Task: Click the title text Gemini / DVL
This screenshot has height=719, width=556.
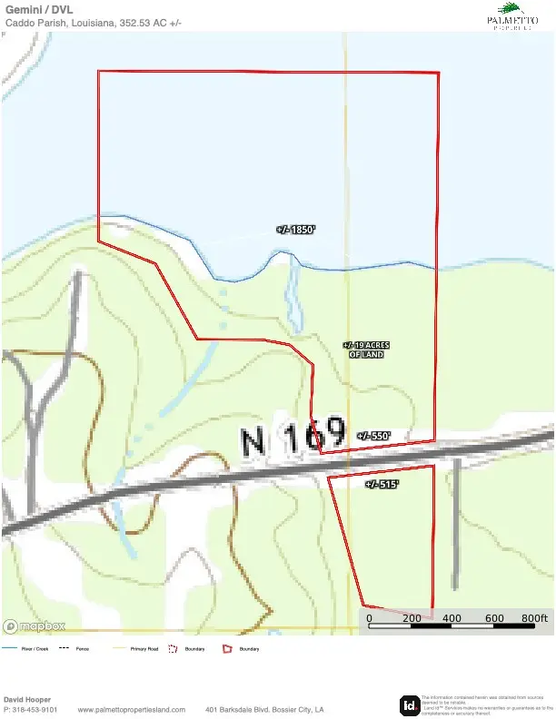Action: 39,9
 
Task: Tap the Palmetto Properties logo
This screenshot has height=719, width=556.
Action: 512,16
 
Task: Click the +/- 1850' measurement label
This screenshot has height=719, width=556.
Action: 296,230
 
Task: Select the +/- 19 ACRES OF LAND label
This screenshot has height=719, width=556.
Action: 366,350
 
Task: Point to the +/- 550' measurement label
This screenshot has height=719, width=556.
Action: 372,436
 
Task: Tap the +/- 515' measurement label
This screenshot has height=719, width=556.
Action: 382,485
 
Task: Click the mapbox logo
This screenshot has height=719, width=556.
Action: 35,625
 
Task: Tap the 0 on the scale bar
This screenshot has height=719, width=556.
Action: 370,618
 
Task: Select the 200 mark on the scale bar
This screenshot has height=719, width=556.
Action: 412,618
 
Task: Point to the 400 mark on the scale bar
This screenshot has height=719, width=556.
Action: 452,618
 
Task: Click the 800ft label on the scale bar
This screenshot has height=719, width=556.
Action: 535,618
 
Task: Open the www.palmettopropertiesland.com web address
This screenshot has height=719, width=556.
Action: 132,710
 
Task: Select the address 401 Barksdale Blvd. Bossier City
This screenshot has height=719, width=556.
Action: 264,710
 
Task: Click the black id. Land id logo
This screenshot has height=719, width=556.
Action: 410,704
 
